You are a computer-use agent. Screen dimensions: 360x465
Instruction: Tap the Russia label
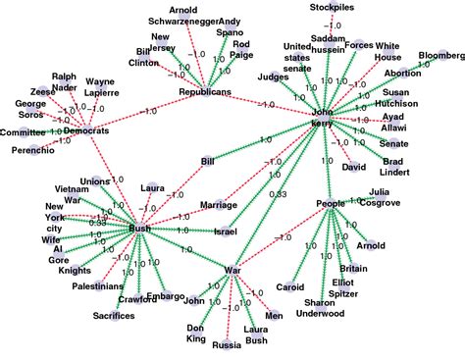point(227,344)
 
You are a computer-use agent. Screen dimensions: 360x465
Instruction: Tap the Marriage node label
point(219,205)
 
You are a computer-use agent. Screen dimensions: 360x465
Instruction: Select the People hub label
point(330,203)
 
